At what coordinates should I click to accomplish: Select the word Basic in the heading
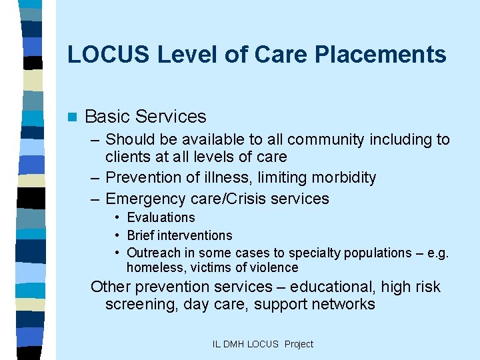107,117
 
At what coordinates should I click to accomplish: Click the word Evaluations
161,217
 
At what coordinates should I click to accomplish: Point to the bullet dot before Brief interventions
117,235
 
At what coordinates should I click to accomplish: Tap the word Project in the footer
298,345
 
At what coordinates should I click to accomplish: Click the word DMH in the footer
234,345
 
